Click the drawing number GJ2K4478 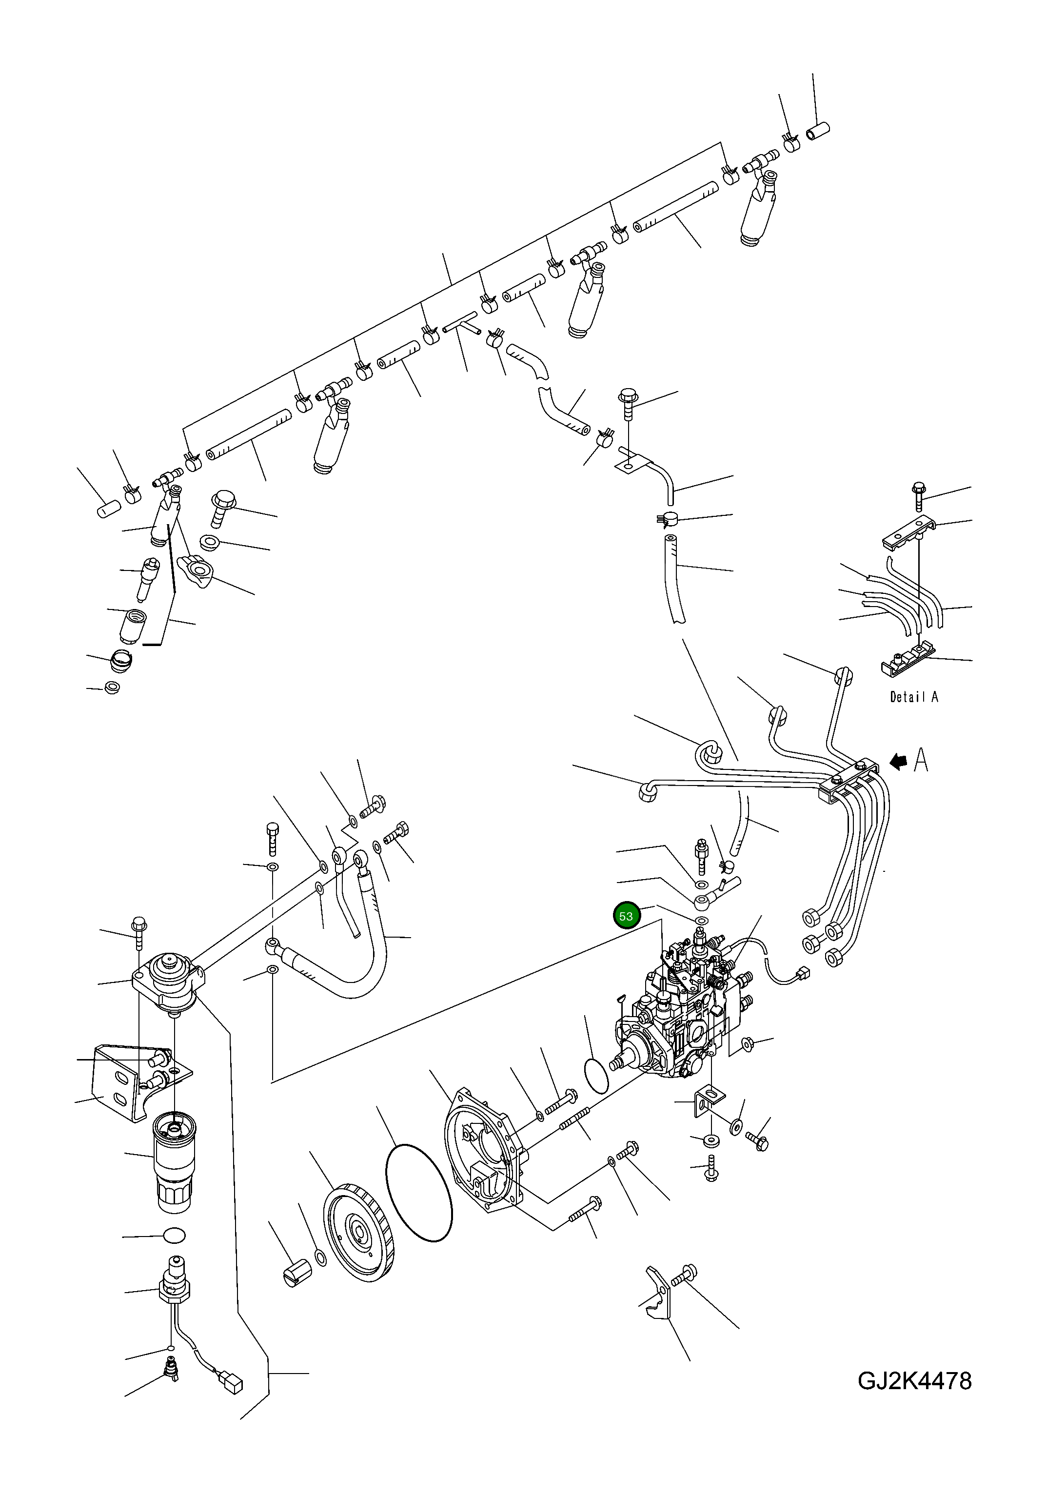click(x=914, y=1398)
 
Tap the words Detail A click(x=913, y=697)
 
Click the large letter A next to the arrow click(x=921, y=760)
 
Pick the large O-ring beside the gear click(x=419, y=1193)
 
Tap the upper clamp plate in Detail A click(x=909, y=532)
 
